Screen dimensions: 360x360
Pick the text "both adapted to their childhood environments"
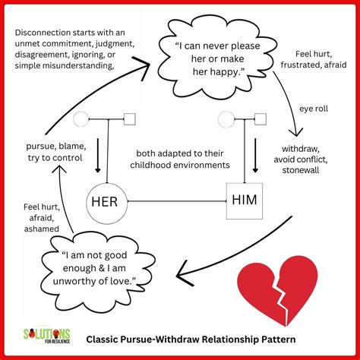click(x=178, y=156)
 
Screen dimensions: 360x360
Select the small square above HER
click(x=129, y=118)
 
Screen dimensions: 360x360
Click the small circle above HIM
click(x=225, y=118)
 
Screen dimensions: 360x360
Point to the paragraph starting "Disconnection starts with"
click(x=74, y=49)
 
